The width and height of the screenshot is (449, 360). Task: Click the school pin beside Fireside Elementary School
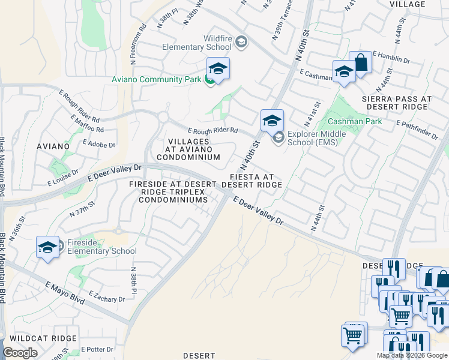pos(47,247)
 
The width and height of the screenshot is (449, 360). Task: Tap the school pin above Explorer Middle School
pos(272,121)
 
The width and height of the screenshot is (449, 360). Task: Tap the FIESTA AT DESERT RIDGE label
pos(252,181)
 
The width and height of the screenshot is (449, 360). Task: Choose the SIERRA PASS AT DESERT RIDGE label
pos(396,103)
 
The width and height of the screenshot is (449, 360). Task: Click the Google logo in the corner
pos(20,353)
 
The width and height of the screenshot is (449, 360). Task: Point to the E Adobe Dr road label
pos(98,144)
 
